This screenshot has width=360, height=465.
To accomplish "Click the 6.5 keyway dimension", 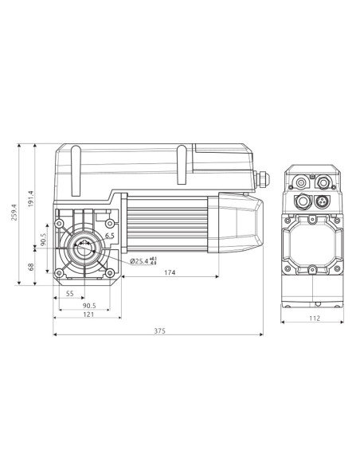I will pos(109,236).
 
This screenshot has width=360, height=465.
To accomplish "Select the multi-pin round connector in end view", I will pos(323,200).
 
